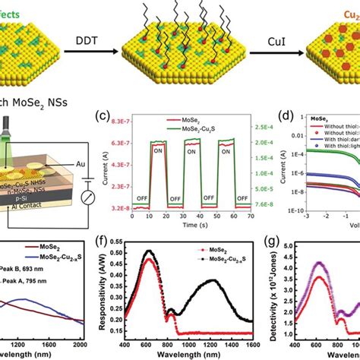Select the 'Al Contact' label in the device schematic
coord(41,216)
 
